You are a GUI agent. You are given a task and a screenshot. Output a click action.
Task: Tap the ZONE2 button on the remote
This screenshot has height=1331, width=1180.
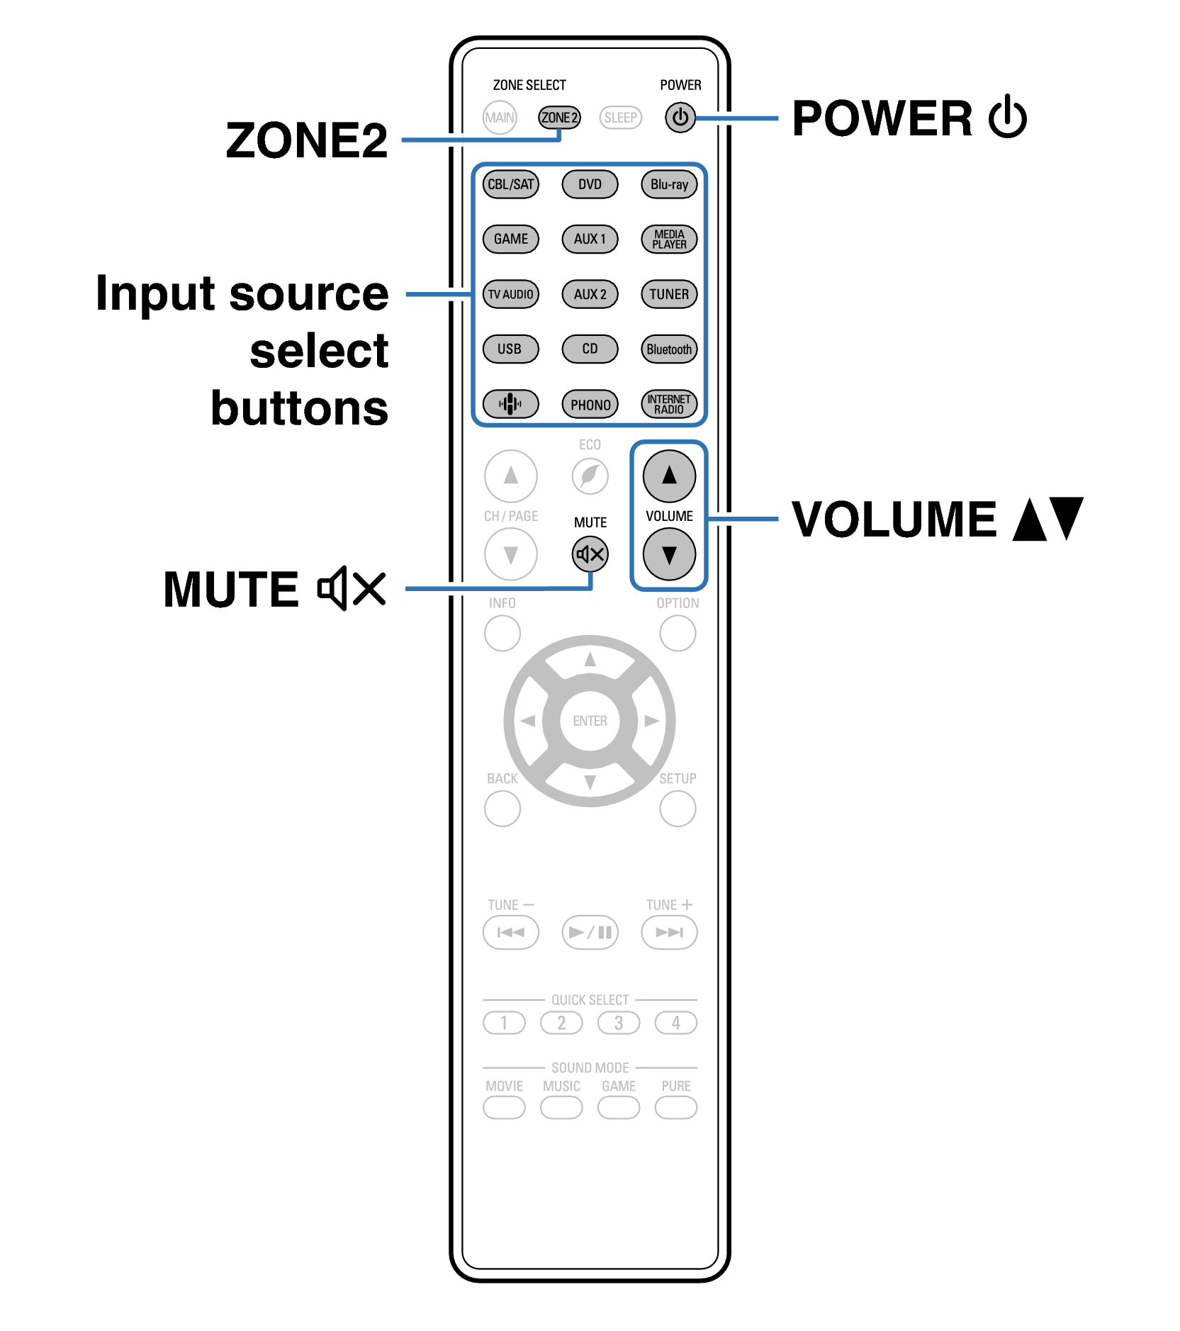click(559, 118)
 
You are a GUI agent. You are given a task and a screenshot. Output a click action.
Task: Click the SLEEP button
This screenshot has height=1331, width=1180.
click(620, 118)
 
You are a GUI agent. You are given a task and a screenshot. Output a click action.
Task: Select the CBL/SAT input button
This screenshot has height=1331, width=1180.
click(510, 184)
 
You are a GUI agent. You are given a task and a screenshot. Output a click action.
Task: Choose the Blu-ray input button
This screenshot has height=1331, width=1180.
click(669, 184)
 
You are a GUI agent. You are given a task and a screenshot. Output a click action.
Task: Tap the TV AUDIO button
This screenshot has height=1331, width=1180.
click(510, 294)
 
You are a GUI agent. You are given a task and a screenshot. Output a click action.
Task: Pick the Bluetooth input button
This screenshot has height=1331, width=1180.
click(669, 349)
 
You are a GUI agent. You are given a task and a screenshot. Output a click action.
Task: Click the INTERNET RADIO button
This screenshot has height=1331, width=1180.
click(669, 405)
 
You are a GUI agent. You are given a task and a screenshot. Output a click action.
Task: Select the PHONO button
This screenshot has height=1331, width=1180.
click(590, 405)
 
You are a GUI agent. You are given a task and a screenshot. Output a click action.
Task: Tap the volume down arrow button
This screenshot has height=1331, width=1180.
click(669, 554)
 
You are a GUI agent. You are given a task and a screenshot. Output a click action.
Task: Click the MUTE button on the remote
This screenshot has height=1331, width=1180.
click(590, 554)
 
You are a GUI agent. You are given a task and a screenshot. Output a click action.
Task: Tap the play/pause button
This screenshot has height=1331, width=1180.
click(590, 932)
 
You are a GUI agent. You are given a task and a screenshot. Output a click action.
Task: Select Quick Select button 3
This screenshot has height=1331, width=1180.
click(618, 1023)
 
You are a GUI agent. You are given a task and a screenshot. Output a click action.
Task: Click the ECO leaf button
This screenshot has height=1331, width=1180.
click(590, 476)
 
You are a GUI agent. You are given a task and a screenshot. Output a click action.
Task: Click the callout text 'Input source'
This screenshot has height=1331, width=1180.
click(242, 293)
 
